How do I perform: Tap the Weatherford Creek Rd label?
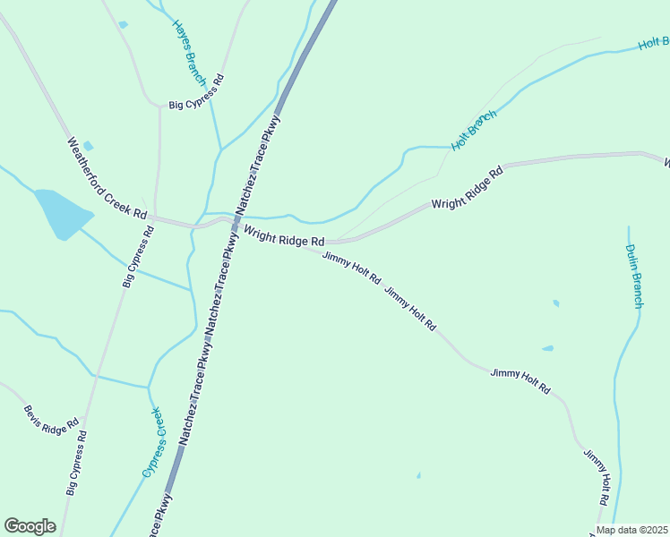(x=107, y=178)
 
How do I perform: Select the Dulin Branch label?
(x=634, y=276)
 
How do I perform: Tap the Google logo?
(x=30, y=526)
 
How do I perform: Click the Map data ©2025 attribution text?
(x=632, y=530)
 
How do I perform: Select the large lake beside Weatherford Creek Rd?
(x=61, y=213)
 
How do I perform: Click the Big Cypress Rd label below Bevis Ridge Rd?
(x=77, y=463)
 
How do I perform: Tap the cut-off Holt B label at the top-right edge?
(x=654, y=42)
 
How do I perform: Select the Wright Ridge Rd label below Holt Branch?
(x=468, y=186)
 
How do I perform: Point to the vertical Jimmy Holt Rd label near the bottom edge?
(x=597, y=479)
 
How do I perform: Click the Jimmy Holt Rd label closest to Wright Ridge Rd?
(x=352, y=268)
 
